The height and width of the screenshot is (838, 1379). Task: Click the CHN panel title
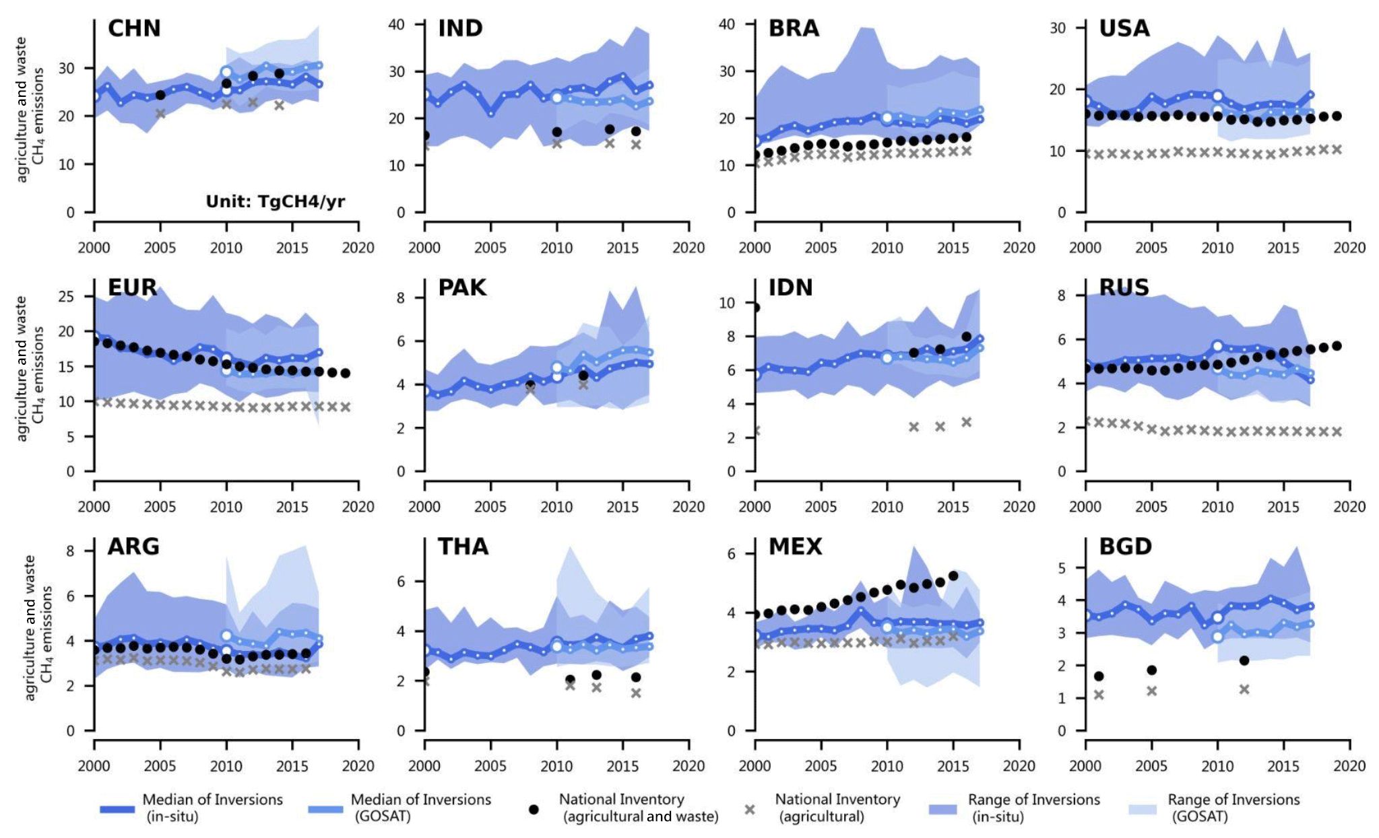134,28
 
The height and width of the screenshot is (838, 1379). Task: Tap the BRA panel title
794,28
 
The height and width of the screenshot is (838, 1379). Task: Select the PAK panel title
462,287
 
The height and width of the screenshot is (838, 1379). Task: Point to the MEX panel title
795,547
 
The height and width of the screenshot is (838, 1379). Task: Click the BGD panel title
1125,547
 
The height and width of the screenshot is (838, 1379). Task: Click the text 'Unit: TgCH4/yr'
275,201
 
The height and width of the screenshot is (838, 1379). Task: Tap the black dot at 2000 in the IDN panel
755,308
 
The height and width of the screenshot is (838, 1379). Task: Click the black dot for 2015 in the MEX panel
953,575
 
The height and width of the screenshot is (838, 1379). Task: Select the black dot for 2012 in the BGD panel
1244,660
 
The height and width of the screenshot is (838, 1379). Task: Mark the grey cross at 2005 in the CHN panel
160,114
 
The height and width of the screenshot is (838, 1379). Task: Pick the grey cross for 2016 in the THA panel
636,693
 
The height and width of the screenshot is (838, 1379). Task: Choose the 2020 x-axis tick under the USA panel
1349,248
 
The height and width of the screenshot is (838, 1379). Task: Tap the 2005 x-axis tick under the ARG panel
160,766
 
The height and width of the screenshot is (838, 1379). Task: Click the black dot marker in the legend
534,809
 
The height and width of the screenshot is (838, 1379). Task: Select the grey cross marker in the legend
750,809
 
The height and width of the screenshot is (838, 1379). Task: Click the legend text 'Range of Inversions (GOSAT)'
1233,808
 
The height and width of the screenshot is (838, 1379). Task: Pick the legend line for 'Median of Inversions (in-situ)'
117,809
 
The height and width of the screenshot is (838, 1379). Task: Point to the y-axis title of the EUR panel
30,369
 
